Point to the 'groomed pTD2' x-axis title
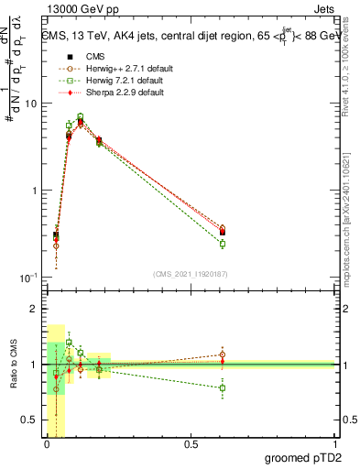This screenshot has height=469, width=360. (303, 459)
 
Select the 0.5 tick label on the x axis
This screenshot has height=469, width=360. (191, 445)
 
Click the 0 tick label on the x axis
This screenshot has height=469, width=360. (47, 445)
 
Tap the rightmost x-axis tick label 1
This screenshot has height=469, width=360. (334, 445)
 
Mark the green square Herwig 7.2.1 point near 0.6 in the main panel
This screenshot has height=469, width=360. (223, 244)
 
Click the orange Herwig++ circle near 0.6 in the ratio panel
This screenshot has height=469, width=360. (223, 354)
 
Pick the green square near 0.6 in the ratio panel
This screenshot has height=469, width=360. (223, 387)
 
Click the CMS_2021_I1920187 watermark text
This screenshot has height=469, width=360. (191, 273)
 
